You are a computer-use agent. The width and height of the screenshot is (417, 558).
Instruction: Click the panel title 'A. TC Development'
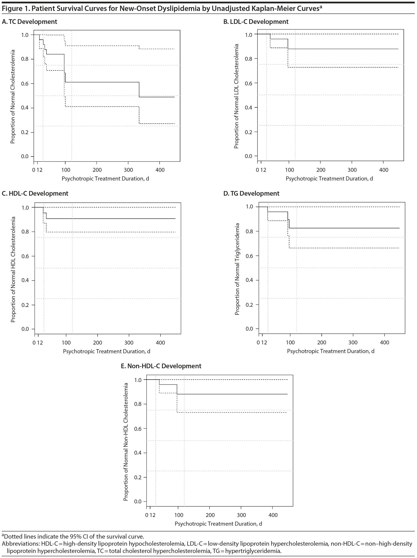click(x=30, y=22)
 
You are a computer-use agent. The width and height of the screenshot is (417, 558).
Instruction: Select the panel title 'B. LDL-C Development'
click(x=256, y=22)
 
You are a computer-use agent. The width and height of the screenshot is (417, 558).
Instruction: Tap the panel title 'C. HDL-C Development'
click(x=35, y=193)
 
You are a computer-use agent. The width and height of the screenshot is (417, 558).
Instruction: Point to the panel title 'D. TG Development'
click(x=251, y=193)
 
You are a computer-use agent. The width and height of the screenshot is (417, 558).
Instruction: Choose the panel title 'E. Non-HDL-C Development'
click(x=161, y=366)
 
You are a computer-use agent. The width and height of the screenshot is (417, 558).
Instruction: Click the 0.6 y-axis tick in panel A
click(x=25, y=84)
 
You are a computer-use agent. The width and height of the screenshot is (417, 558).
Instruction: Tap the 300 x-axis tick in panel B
click(x=352, y=170)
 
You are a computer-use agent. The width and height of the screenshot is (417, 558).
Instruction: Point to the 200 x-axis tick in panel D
click(x=322, y=343)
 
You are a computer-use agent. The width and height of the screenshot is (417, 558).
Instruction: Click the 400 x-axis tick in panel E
click(x=273, y=515)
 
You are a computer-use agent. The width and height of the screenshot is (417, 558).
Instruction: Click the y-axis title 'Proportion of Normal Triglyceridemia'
click(x=237, y=269)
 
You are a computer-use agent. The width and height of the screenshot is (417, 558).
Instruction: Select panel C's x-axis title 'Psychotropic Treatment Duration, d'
click(x=106, y=351)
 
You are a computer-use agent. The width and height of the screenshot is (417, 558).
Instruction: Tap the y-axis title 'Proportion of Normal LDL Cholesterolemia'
click(x=236, y=96)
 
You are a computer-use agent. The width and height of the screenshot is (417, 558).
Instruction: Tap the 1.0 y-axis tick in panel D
click(x=249, y=207)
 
